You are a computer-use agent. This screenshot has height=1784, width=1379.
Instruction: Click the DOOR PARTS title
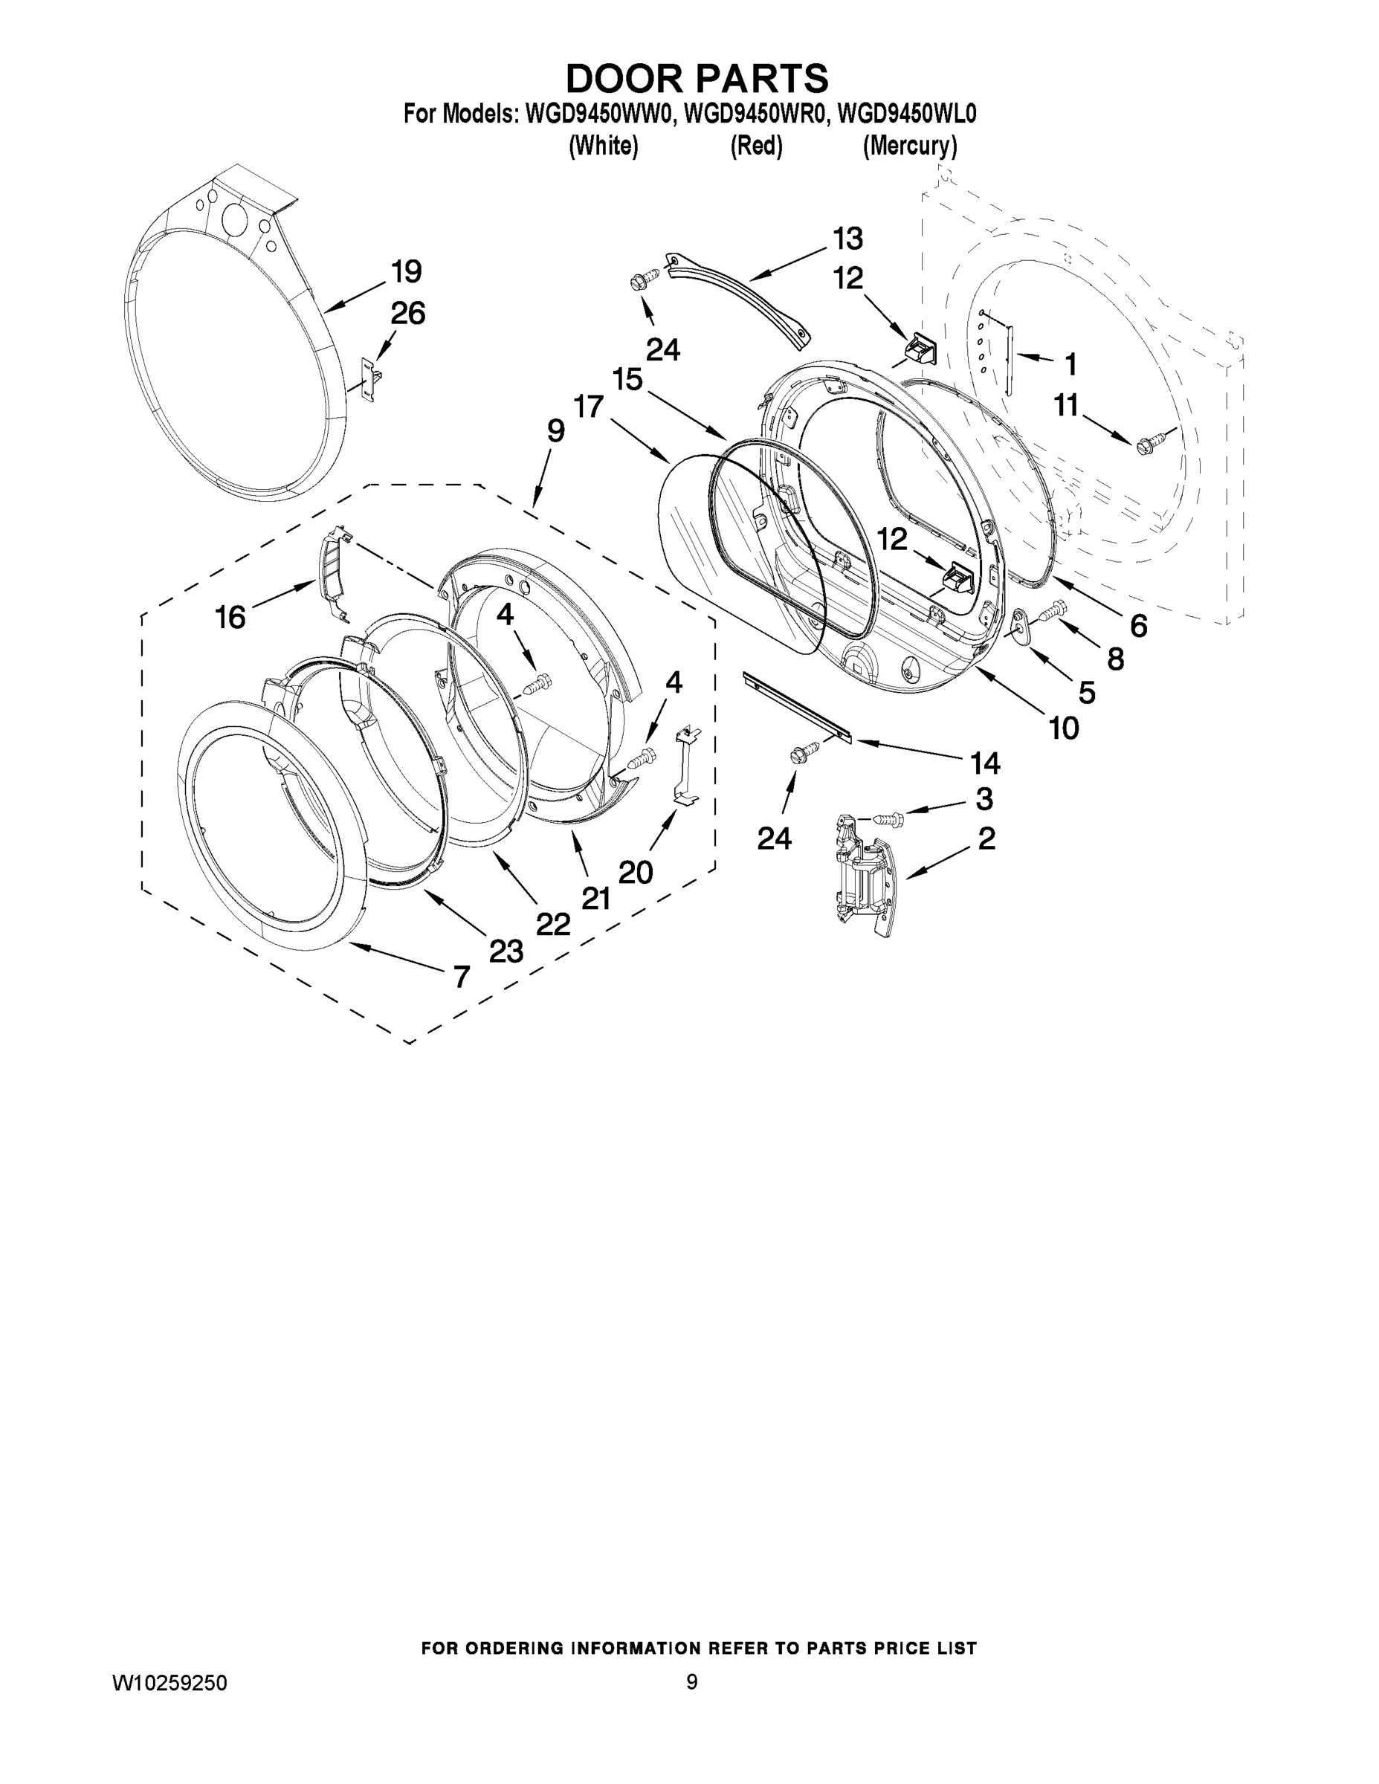click(697, 78)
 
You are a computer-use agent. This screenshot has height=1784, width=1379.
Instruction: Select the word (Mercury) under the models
click(909, 146)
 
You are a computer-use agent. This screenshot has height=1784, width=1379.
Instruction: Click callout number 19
click(406, 271)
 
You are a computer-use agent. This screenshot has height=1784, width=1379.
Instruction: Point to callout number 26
click(407, 313)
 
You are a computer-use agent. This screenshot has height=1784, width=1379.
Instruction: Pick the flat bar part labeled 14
click(795, 708)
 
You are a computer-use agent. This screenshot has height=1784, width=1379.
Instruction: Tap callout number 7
click(462, 975)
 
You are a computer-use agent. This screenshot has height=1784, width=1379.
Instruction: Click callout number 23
click(506, 950)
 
